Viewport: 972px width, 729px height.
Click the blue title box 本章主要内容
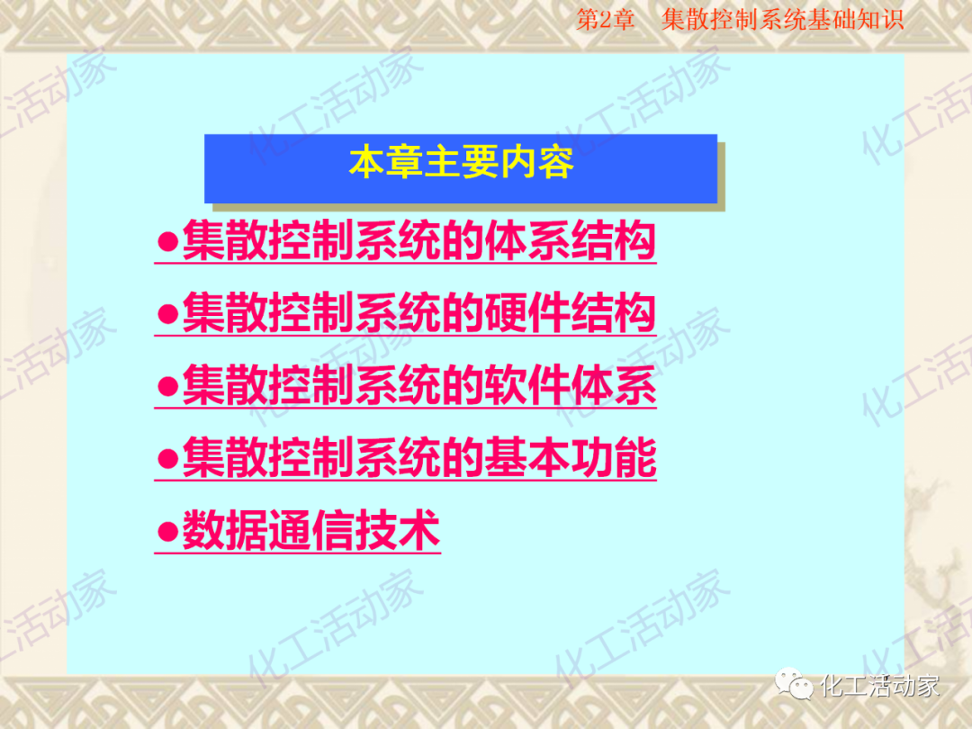460,168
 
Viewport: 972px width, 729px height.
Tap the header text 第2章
605,20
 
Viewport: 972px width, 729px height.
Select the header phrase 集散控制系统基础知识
782,20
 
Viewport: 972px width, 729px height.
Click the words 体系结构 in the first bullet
569,241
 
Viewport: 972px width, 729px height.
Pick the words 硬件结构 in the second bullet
569,314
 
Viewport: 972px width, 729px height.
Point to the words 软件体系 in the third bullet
569,386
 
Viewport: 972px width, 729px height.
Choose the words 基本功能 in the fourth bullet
569,458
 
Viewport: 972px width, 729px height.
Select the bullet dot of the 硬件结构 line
166,315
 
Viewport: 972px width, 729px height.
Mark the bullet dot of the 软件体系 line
166,387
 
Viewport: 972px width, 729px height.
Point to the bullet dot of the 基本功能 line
166,459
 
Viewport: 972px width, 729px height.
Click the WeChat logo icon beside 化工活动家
796,686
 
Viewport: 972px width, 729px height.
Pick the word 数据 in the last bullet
225,530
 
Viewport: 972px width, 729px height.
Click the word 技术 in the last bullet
397,530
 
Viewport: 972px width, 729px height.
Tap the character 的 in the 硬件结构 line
462,314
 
